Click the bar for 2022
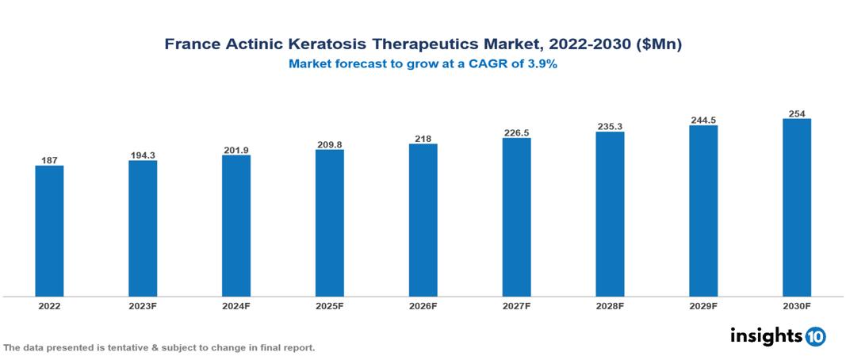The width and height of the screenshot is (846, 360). pyautogui.click(x=49, y=231)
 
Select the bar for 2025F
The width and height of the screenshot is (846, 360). pyautogui.click(x=329, y=223)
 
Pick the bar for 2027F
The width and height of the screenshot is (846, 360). pyautogui.click(x=516, y=217)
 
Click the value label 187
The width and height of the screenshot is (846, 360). pyautogui.click(x=49, y=160)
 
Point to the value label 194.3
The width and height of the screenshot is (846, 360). pyautogui.click(x=143, y=155)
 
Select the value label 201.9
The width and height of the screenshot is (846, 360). pyautogui.click(x=236, y=150)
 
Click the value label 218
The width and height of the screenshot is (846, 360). pyautogui.click(x=423, y=139)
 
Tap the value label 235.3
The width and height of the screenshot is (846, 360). pyautogui.click(x=610, y=126)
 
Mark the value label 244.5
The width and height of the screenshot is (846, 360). pyautogui.click(x=703, y=120)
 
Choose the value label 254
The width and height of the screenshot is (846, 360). pyautogui.click(x=797, y=113)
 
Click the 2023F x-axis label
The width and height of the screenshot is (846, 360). pyautogui.click(x=143, y=305)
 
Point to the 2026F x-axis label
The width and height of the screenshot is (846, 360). pyautogui.click(x=423, y=305)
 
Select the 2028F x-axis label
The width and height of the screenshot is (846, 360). pyautogui.click(x=610, y=305)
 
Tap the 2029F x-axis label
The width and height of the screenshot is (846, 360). pyautogui.click(x=703, y=305)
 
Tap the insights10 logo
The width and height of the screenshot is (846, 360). pyautogui.click(x=778, y=335)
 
